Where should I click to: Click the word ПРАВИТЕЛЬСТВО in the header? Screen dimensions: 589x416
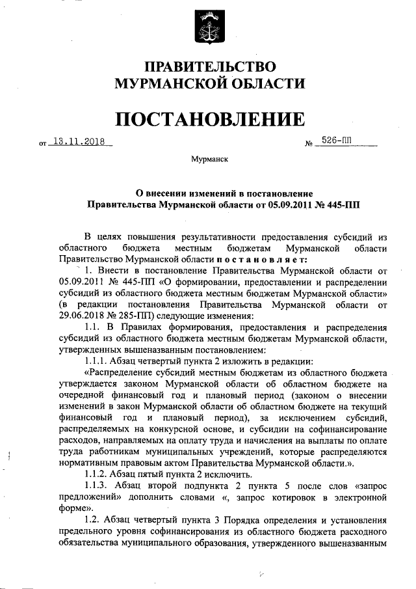209,66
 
